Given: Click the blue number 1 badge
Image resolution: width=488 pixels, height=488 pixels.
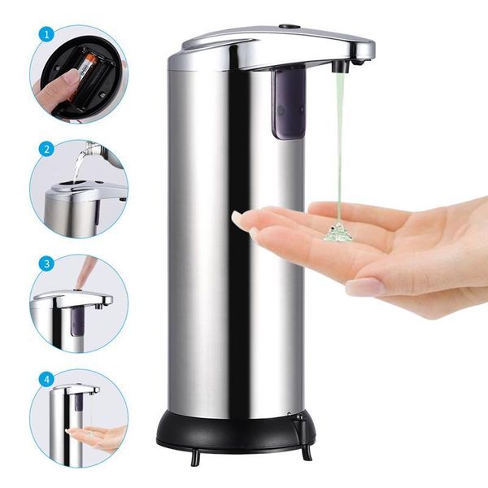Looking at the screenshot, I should coord(47,35).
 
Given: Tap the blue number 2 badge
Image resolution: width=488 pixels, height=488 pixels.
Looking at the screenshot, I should coord(47,150).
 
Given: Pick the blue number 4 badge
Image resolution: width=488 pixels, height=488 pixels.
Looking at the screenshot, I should coord(47,378).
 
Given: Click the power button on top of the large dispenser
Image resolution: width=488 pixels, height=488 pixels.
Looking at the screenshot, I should coord(286,27).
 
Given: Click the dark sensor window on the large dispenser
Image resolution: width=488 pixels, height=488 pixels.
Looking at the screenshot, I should coord(289,102).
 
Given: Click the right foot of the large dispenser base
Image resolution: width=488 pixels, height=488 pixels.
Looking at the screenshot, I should coord(307,451).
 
